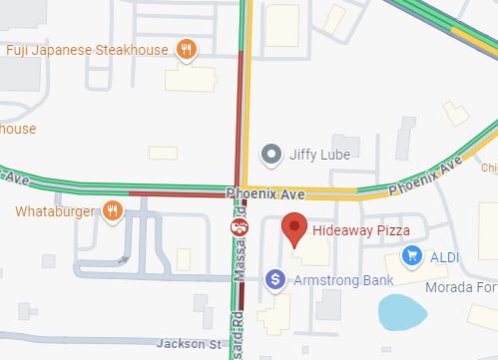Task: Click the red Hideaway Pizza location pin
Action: coord(294,228)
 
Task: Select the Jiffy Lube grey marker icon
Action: coord(270,154)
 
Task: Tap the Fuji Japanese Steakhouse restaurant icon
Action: coord(186,49)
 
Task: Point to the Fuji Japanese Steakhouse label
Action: coord(87,50)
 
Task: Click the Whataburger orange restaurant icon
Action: coord(114,210)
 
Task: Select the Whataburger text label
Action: coord(56,211)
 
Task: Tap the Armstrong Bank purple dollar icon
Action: coord(276,279)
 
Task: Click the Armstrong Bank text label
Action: coord(339,280)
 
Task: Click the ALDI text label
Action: coord(444,257)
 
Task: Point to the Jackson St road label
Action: coord(187,343)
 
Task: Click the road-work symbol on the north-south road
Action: coord(240,228)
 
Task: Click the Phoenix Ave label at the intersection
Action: coord(264,192)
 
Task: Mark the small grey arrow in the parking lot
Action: coord(124,260)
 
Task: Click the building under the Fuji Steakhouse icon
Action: coord(190,77)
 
